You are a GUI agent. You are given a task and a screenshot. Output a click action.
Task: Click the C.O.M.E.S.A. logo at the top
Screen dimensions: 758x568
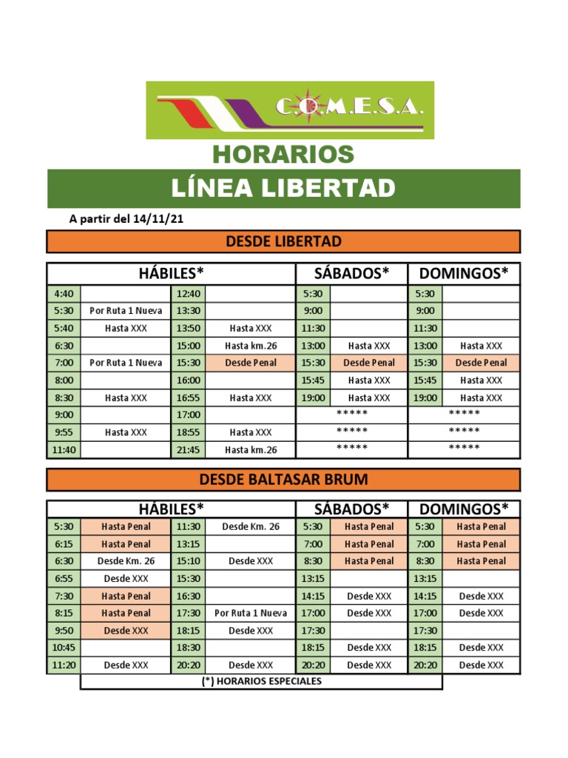click(x=290, y=110)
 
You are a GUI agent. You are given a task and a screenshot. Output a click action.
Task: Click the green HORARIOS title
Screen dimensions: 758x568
click(x=283, y=154)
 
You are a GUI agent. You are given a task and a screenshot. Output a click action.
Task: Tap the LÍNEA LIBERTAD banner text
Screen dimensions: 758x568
click(x=283, y=188)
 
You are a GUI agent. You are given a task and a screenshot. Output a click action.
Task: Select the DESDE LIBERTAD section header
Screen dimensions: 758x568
click(x=283, y=241)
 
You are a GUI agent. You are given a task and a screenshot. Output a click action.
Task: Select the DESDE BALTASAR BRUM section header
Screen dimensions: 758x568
click(x=283, y=479)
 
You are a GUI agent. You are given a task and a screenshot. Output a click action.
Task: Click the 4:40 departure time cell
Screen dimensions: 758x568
click(x=64, y=293)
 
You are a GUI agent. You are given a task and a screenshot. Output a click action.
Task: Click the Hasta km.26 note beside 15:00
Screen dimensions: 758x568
click(x=251, y=346)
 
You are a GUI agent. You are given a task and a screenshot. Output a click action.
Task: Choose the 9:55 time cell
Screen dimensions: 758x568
click(x=64, y=432)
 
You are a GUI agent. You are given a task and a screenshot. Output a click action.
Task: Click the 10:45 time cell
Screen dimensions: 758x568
click(x=64, y=647)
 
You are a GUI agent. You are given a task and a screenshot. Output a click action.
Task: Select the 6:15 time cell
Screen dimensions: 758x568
click(x=64, y=543)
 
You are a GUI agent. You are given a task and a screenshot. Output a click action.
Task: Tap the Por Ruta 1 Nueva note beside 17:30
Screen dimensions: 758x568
click(x=251, y=613)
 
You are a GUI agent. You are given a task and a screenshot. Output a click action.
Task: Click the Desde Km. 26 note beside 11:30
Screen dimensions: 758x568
click(x=251, y=526)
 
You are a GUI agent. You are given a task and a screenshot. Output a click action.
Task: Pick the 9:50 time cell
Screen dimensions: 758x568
click(x=64, y=630)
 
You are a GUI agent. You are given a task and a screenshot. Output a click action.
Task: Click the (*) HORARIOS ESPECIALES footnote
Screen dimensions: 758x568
click(x=262, y=681)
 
